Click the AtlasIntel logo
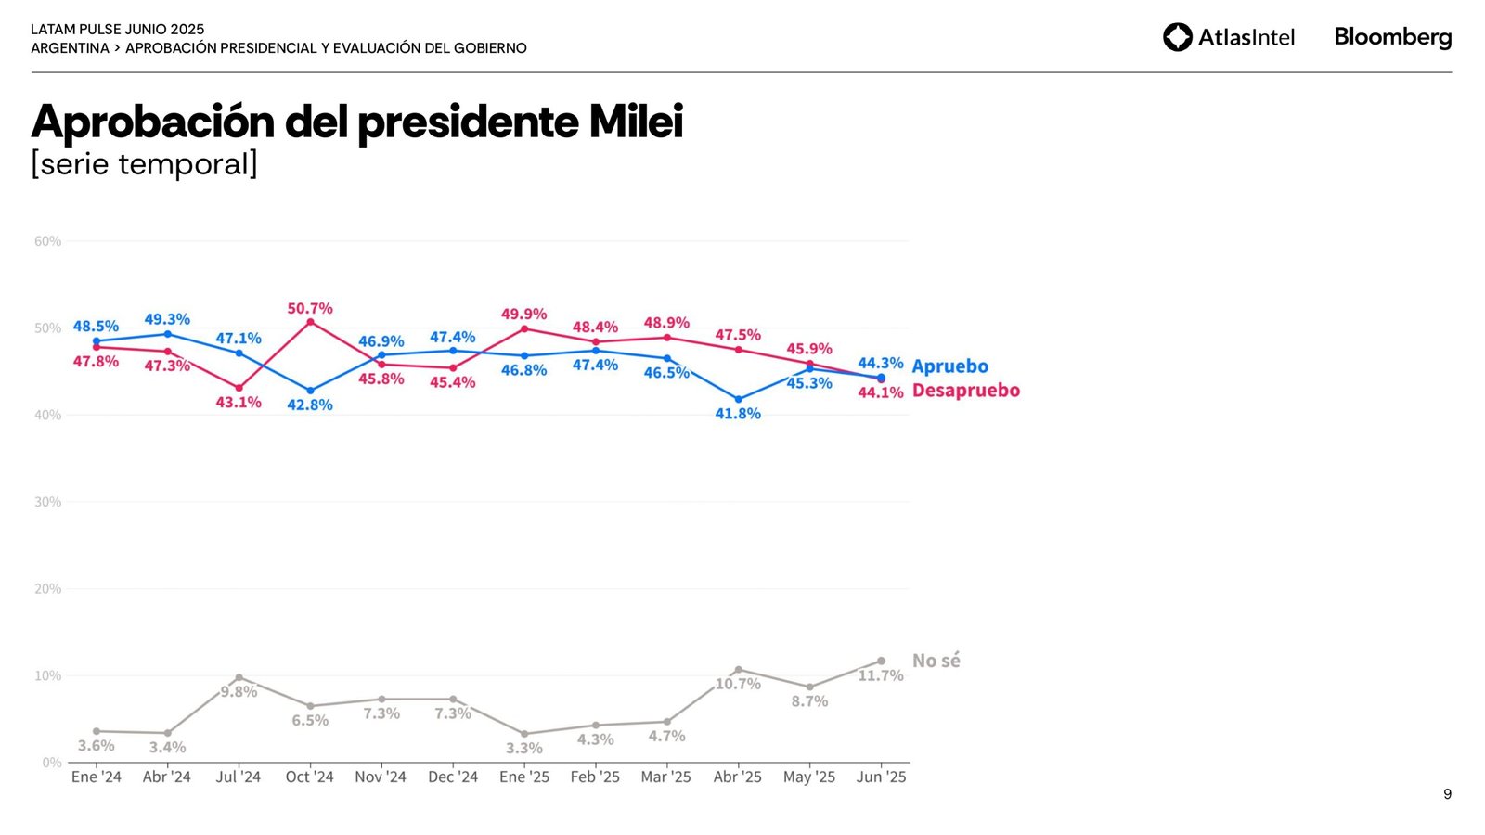(x=1228, y=37)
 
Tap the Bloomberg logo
(x=1392, y=37)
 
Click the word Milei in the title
(x=636, y=122)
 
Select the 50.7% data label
(x=310, y=308)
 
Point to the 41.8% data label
(x=738, y=414)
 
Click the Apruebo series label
(x=949, y=366)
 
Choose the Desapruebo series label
(x=965, y=391)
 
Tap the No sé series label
(x=936, y=661)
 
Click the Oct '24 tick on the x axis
(x=309, y=777)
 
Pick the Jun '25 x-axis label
(x=881, y=777)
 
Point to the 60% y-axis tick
(x=48, y=241)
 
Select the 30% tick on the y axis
(x=48, y=502)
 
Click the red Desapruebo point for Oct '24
(x=310, y=322)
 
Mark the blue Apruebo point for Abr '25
(x=738, y=399)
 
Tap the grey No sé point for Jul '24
(x=239, y=677)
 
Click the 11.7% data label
(x=880, y=675)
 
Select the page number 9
(x=1447, y=794)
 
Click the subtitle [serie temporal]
(x=144, y=164)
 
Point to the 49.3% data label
(x=167, y=319)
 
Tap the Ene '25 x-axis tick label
(x=524, y=777)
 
